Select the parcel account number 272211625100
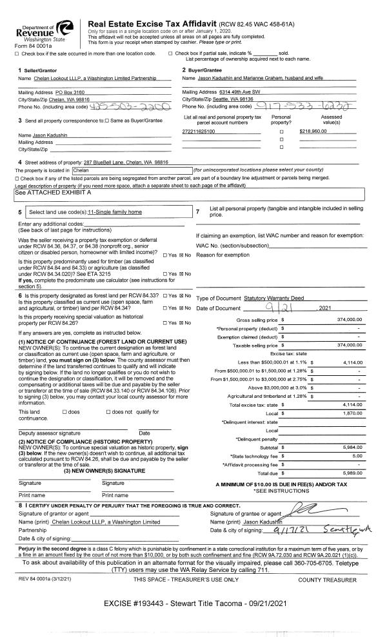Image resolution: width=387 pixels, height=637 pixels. point(199,132)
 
